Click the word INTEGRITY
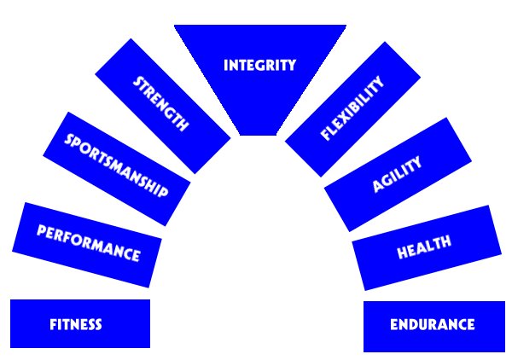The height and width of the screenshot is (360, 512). pyautogui.click(x=260, y=66)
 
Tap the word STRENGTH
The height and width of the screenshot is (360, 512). pyautogui.click(x=160, y=104)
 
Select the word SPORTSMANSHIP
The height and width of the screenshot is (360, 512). pyautogui.click(x=116, y=165)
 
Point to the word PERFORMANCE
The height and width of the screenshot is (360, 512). pyautogui.click(x=89, y=243)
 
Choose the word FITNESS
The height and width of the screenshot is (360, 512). pyautogui.click(x=76, y=324)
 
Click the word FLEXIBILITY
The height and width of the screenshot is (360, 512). pyautogui.click(x=352, y=108)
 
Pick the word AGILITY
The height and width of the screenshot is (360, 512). pyautogui.click(x=397, y=175)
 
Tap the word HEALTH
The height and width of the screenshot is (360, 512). pyautogui.click(x=424, y=247)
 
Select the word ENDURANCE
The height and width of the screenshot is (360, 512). pyautogui.click(x=433, y=324)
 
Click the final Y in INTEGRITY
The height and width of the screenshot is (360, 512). pyautogui.click(x=291, y=66)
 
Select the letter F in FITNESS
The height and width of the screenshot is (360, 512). pyautogui.click(x=54, y=324)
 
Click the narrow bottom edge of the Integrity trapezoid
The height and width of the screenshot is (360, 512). pyautogui.click(x=259, y=135)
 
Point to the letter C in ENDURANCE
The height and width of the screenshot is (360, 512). pyautogui.click(x=460, y=324)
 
